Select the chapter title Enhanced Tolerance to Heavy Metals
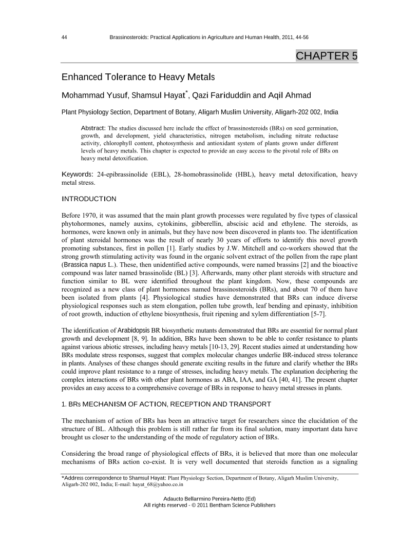138,78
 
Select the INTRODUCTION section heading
89,199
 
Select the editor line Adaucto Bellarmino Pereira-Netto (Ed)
209,498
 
